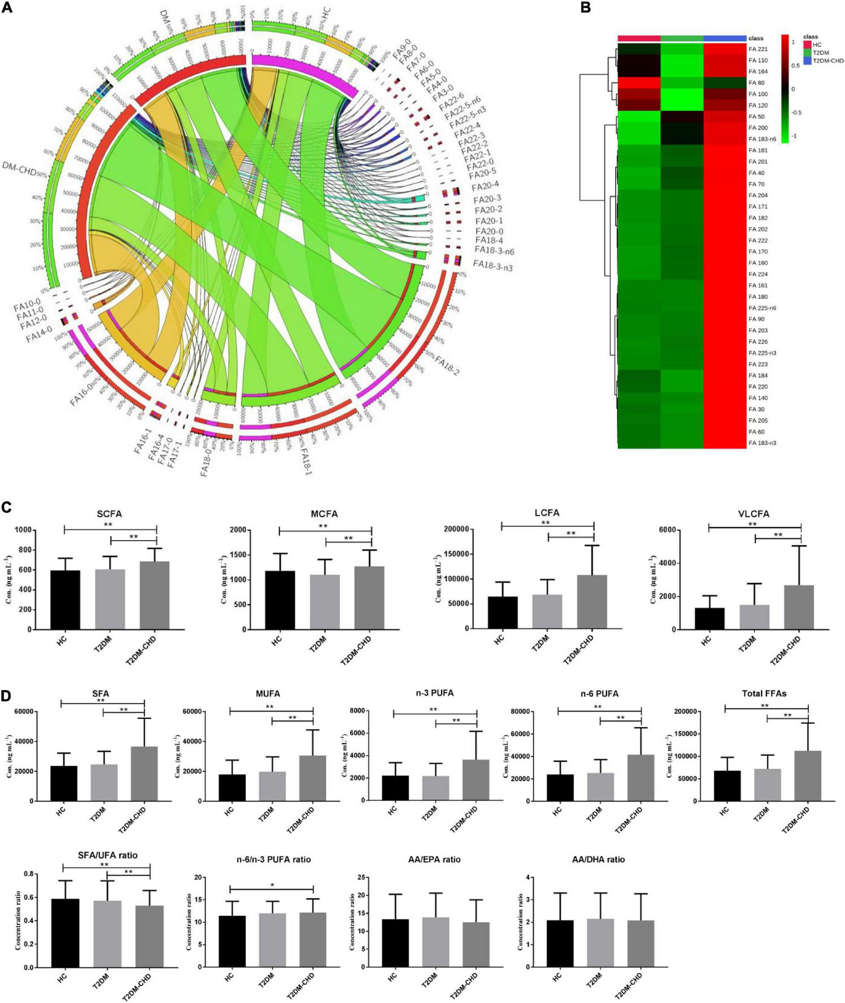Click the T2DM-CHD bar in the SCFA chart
[x=155, y=595]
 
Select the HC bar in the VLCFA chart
[x=710, y=618]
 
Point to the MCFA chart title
[x=324, y=514]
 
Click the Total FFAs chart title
[x=763, y=693]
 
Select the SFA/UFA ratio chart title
[x=108, y=855]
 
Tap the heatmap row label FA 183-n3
[x=762, y=443]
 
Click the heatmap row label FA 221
[x=758, y=49]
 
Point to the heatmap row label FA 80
[x=756, y=83]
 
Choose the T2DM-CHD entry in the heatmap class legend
[x=827, y=61]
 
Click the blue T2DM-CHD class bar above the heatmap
[x=724, y=38]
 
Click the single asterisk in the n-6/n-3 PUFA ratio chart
[x=272, y=884]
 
